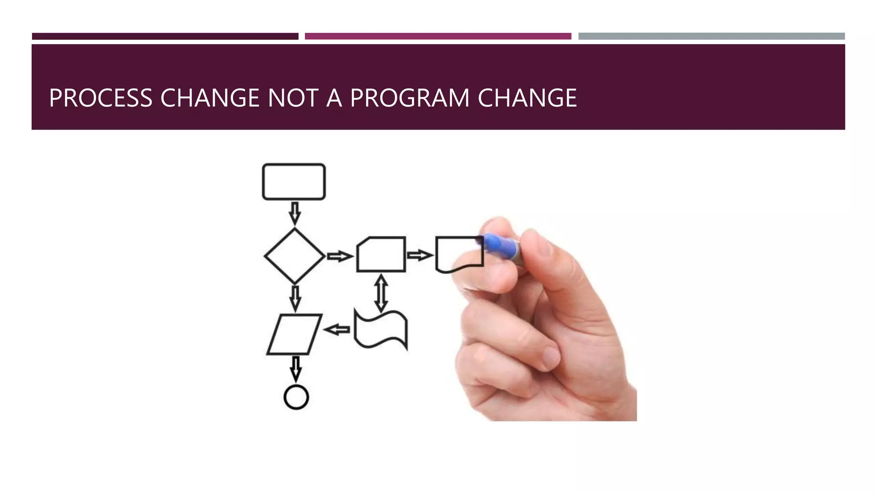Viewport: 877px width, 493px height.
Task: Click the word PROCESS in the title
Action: [101, 98]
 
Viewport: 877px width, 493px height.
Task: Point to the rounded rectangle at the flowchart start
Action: [294, 181]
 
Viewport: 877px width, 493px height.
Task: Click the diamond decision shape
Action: [295, 256]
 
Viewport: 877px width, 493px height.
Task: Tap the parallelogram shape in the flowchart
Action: [294, 335]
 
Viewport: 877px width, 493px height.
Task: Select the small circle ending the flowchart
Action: [296, 397]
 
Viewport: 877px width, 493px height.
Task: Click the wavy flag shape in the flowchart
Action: [381, 330]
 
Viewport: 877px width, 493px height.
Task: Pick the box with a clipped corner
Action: [381, 254]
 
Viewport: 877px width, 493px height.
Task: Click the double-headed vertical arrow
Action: [381, 294]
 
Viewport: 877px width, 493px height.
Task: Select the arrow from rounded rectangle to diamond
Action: [295, 213]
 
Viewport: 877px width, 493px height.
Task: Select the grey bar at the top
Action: [711, 36]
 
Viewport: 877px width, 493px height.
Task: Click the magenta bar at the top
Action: [438, 36]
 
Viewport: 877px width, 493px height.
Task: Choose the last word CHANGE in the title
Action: [527, 98]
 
